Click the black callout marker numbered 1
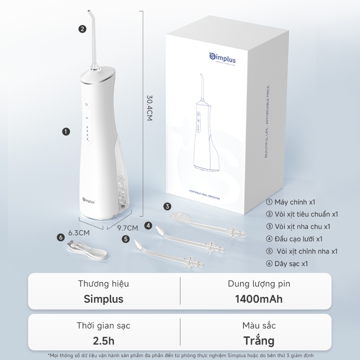click(66, 131)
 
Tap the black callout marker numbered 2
click(82, 29)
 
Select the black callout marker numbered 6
click(60, 237)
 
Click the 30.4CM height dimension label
click(149, 108)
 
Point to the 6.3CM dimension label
click(79, 233)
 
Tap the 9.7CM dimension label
click(128, 228)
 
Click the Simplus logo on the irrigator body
click(88, 200)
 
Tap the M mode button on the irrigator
click(87, 118)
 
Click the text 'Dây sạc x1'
click(287, 264)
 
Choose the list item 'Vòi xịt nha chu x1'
click(298, 226)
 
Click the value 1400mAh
click(259, 299)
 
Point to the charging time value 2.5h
click(104, 341)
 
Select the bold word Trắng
click(259, 340)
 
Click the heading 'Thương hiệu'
click(104, 284)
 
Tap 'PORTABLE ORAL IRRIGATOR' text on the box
click(205, 195)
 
